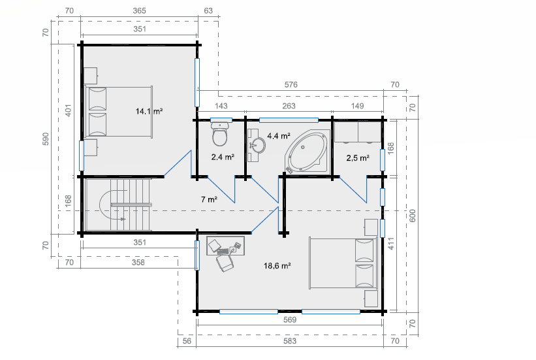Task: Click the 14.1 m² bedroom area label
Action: pyautogui.click(x=149, y=111)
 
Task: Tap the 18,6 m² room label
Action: pyautogui.click(x=277, y=265)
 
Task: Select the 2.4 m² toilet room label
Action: pyautogui.click(x=223, y=157)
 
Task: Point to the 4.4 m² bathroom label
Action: pyautogui.click(x=279, y=136)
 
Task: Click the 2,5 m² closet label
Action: pyautogui.click(x=358, y=157)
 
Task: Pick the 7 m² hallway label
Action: pyautogui.click(x=209, y=199)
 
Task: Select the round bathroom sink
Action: pyautogui.click(x=257, y=145)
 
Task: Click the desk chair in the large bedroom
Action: pyautogui.click(x=225, y=263)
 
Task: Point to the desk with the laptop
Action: pyautogui.click(x=225, y=246)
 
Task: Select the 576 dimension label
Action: pyautogui.click(x=291, y=84)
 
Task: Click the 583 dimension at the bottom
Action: pyautogui.click(x=289, y=341)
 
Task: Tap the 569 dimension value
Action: pyautogui.click(x=289, y=319)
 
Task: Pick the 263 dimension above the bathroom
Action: pyautogui.click(x=289, y=106)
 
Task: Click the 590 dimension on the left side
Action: pyautogui.click(x=46, y=139)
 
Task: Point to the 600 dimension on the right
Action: pyautogui.click(x=412, y=216)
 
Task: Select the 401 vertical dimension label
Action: pyautogui.click(x=69, y=110)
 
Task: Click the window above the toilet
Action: pyautogui.click(x=221, y=120)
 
